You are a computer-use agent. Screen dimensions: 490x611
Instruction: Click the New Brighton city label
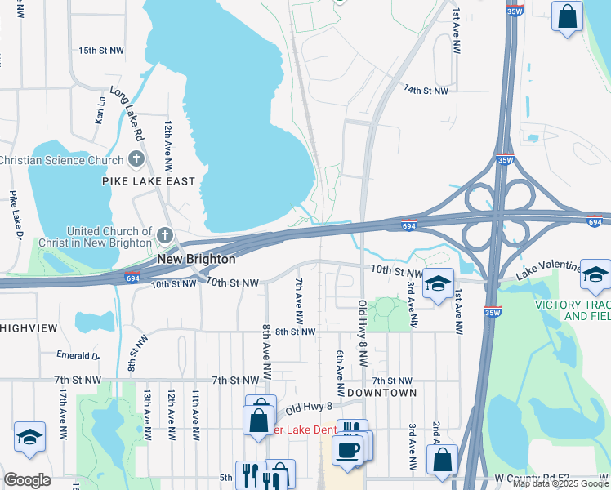pyautogui.click(x=196, y=259)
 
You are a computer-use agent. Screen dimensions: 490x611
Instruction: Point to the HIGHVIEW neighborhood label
pyautogui.click(x=29, y=327)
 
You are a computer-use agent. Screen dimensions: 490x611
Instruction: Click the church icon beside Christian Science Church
pyautogui.click(x=136, y=160)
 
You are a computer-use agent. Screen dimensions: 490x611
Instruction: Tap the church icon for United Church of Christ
pyautogui.click(x=166, y=237)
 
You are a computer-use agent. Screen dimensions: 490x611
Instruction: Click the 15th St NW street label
pyautogui.click(x=101, y=51)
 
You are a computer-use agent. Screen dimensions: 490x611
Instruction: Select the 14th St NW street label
pyautogui.click(x=426, y=91)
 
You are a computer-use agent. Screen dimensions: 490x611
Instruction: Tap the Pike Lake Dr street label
pyautogui.click(x=15, y=216)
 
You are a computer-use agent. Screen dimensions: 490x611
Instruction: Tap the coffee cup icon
pyautogui.click(x=347, y=451)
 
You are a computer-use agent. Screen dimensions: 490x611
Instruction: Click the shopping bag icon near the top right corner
pyautogui.click(x=567, y=16)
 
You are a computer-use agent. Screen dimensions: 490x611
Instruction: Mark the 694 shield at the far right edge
pyautogui.click(x=594, y=220)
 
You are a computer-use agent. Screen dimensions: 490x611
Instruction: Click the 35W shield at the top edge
pyautogui.click(x=514, y=11)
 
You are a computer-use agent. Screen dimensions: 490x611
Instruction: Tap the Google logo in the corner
pyautogui.click(x=27, y=479)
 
